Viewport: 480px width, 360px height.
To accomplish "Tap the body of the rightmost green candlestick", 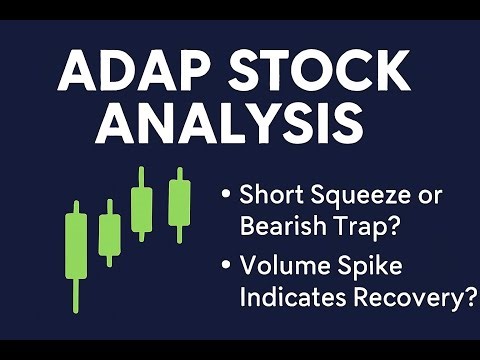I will point(179,204).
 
